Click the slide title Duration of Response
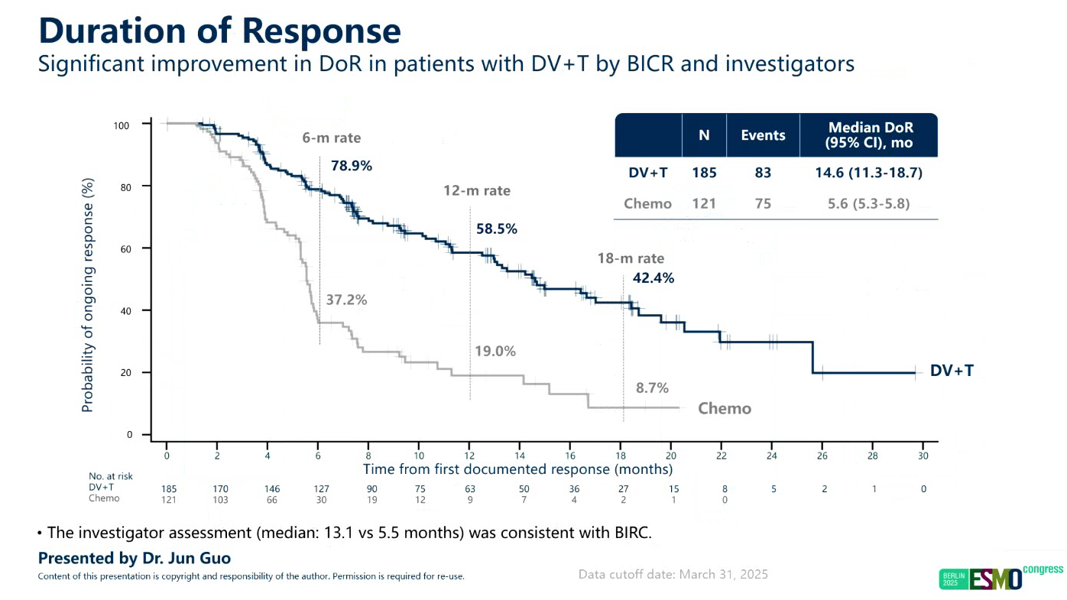pos(219,31)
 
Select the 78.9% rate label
pos(352,165)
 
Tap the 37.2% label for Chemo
pos(346,300)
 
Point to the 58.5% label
pos(497,229)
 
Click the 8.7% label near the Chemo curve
pos(653,388)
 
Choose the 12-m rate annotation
pos(477,190)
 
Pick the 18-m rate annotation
pos(631,258)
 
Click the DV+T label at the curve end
pos(952,371)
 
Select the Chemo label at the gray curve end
pos(725,408)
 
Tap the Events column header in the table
pos(763,135)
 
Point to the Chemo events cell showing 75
pos(763,203)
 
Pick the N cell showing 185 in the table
pos(704,173)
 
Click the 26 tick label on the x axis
pos(822,456)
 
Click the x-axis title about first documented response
pos(517,469)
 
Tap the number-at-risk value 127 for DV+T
pos(318,488)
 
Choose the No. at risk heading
pos(110,476)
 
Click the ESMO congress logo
pos(1001,578)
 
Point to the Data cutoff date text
pos(673,574)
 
